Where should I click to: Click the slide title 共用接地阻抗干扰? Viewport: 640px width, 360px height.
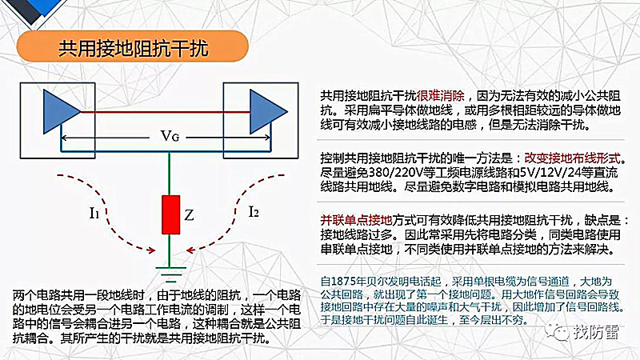(x=133, y=48)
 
